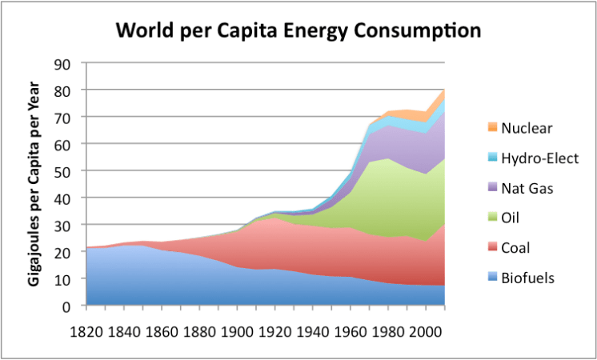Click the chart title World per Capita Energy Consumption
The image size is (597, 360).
point(298,31)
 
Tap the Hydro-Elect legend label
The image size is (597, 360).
point(538,158)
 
